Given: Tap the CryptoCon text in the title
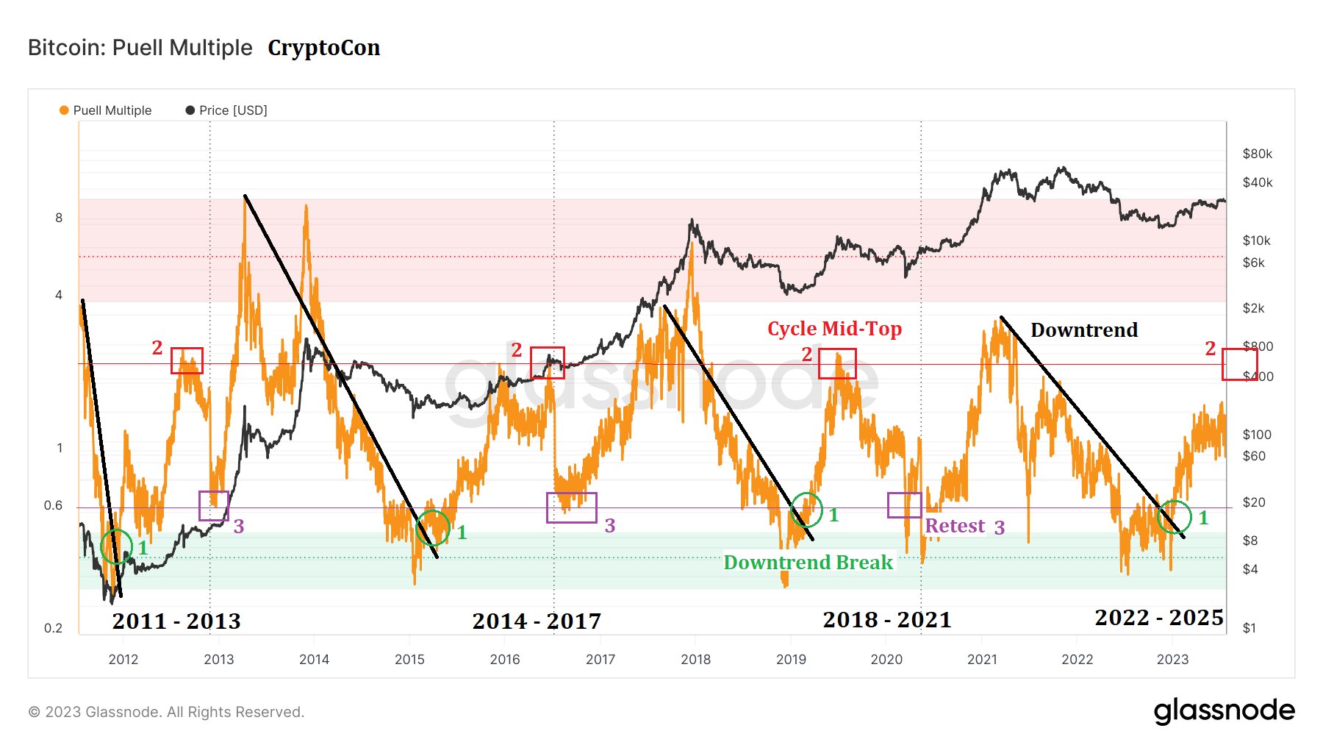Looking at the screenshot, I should pos(323,48).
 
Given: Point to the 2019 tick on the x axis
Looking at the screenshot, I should pos(791,659).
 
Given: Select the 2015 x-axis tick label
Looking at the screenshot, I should pos(409,659).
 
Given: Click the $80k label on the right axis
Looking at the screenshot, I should pos(1257,154).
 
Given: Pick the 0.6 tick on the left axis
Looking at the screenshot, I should pos(53,505).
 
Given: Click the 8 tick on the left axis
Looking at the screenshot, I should pos(59,218).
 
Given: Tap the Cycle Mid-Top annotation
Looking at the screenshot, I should pos(834,329).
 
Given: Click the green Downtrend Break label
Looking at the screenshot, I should pos(808,563).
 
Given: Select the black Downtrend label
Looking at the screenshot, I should pos(1084,330).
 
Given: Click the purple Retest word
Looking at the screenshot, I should pos(954,526).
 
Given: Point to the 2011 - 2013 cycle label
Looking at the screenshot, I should pos(176,621).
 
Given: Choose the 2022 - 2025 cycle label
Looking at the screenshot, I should pos(1159,618).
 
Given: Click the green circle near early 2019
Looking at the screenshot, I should pos(806,510).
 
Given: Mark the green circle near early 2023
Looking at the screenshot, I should pos(1174,517).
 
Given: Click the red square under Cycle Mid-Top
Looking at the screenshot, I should pos(837,363).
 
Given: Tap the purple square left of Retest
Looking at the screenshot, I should pos(904,505).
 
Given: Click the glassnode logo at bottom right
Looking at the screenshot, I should pos(1224,711).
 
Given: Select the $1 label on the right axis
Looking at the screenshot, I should pos(1249,628).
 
